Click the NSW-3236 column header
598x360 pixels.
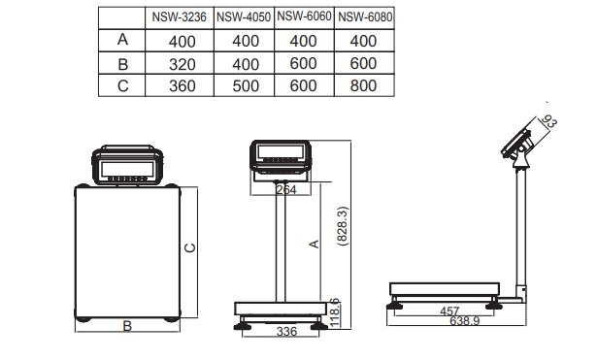179,17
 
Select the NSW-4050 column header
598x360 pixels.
244,17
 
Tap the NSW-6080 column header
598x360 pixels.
365,17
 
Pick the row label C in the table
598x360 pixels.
122,86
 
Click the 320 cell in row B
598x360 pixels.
183,64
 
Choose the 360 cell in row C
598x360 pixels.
183,86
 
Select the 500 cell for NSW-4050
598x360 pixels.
246,86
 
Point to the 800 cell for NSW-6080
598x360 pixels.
363,85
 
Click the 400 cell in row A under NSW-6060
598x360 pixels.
303,41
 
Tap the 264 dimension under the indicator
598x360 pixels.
286,189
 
